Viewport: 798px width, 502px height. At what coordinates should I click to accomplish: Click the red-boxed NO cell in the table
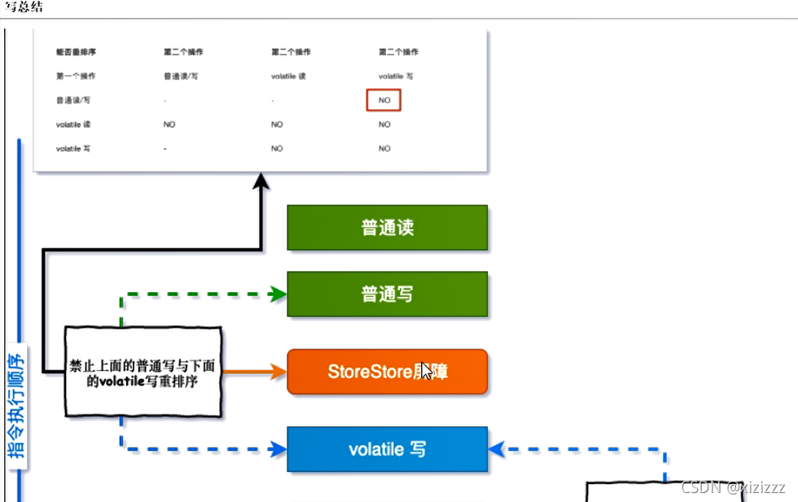click(x=384, y=101)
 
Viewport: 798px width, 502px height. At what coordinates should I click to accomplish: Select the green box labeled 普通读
click(x=387, y=228)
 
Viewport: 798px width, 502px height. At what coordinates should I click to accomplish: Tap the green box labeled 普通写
click(x=387, y=294)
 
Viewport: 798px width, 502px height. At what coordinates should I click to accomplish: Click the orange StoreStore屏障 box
click(x=387, y=372)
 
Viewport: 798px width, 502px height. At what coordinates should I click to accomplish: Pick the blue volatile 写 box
click(x=387, y=449)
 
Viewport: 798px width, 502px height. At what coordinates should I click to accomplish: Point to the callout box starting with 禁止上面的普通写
click(x=142, y=373)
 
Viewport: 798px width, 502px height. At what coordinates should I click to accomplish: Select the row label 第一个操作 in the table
click(x=75, y=76)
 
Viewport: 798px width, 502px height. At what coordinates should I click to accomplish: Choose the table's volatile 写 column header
click(x=396, y=76)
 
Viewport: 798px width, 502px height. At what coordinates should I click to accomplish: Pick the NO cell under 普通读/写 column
click(x=169, y=124)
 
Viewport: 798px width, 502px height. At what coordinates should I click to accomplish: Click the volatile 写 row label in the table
click(x=74, y=149)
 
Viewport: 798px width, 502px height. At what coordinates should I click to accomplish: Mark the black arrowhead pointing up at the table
click(x=261, y=181)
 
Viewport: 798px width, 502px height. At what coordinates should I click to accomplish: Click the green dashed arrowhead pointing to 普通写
click(x=278, y=295)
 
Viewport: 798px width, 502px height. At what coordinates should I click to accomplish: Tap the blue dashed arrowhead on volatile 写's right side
click(x=496, y=448)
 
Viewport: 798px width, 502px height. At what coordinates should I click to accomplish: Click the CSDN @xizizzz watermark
click(x=733, y=487)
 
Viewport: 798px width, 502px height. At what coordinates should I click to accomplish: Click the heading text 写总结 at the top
click(x=25, y=7)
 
